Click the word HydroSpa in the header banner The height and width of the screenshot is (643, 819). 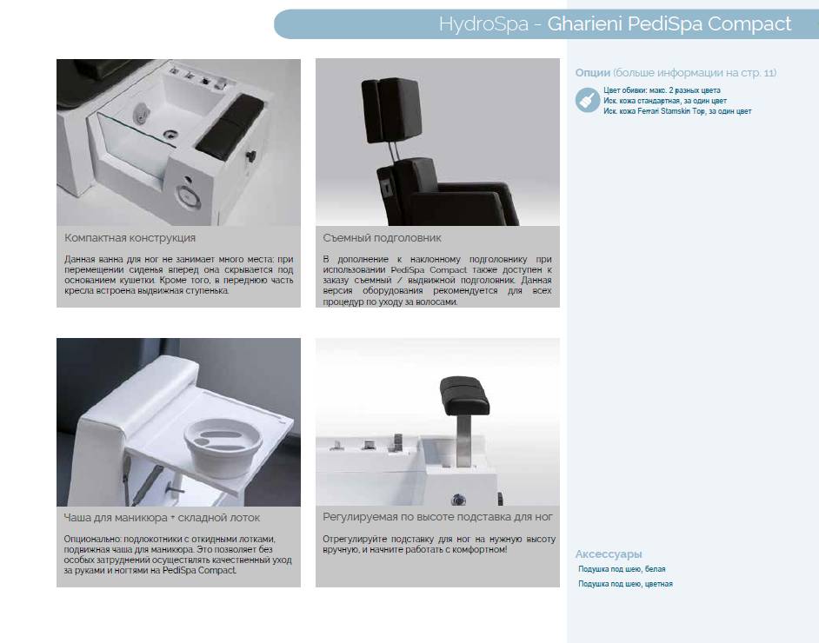(483, 24)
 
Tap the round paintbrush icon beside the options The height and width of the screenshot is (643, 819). (588, 100)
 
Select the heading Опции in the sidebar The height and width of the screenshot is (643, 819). (592, 72)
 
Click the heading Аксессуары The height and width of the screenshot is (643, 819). (609, 554)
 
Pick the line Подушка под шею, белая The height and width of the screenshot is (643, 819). (622, 569)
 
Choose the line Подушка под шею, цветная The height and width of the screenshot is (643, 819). (625, 584)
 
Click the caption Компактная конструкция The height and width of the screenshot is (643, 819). (130, 238)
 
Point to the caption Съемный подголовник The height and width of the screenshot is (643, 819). (382, 238)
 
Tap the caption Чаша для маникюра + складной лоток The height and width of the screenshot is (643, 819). (162, 518)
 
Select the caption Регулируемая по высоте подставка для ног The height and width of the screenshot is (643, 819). (437, 517)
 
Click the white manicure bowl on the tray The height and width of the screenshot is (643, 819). (223, 447)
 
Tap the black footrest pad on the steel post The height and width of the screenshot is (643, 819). (464, 395)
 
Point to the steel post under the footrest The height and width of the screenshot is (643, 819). (463, 441)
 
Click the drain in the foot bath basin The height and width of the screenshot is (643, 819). (170, 135)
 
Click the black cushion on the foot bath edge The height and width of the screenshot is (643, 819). (230, 126)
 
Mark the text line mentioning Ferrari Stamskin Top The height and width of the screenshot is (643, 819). (677, 111)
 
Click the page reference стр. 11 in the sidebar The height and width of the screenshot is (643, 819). (758, 72)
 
